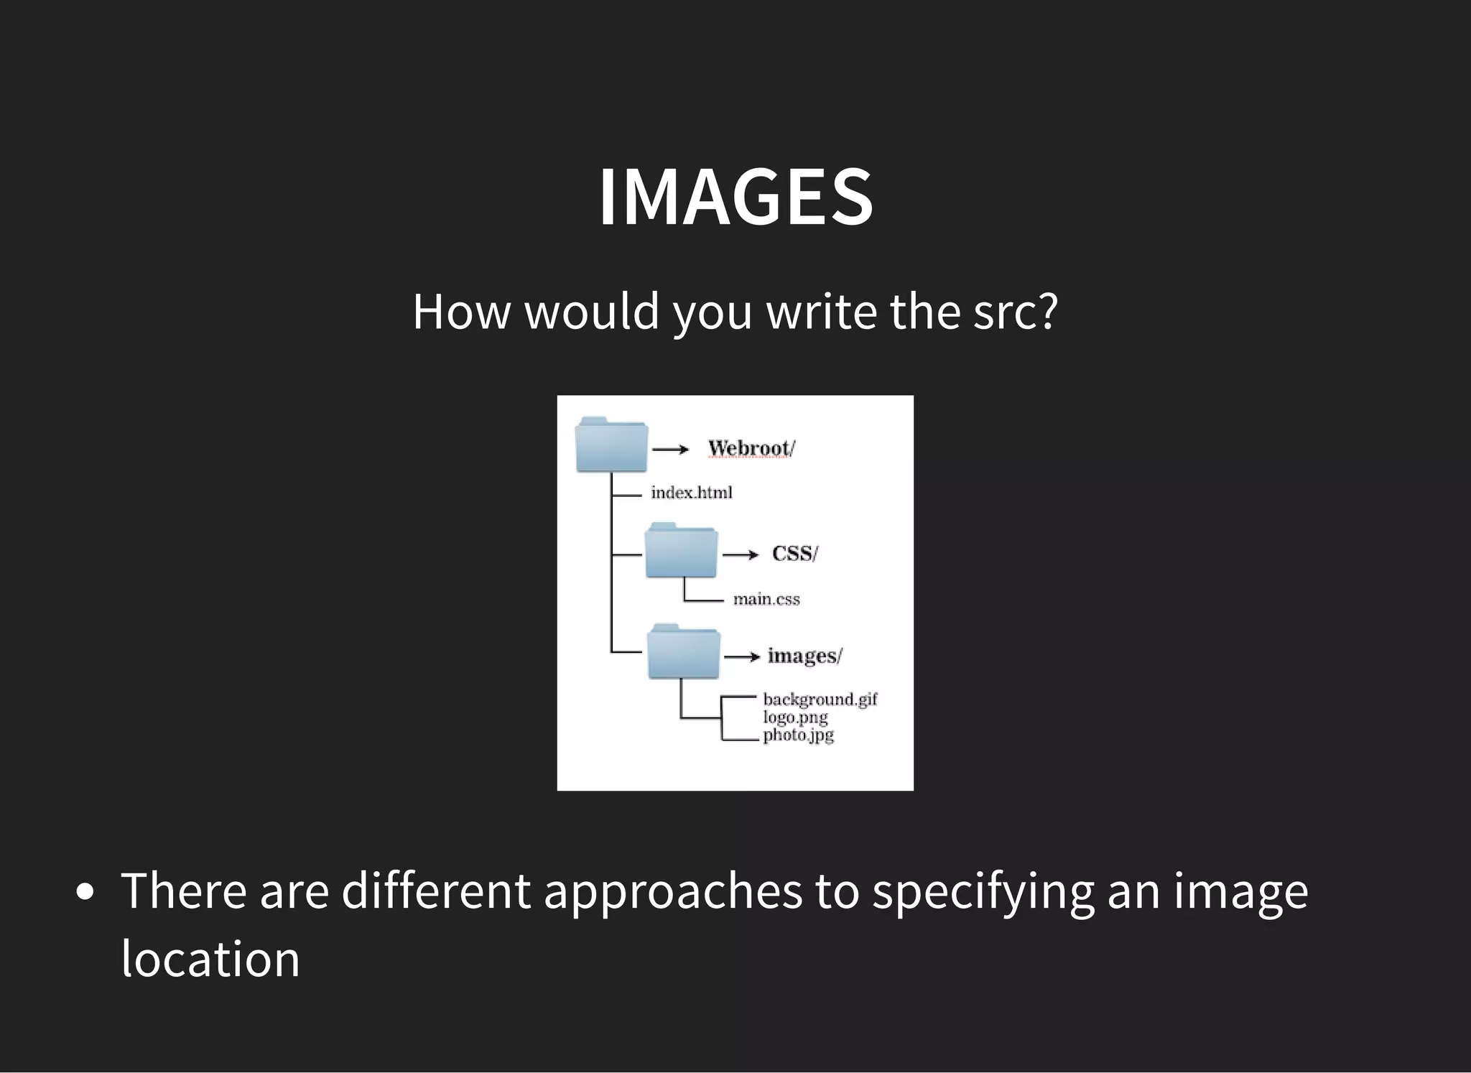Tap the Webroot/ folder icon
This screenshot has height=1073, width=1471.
click(x=611, y=445)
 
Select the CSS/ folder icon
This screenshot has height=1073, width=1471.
click(x=681, y=551)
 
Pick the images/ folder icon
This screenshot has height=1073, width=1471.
click(x=683, y=652)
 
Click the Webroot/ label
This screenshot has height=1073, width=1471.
click(x=751, y=449)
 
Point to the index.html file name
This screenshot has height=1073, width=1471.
click(x=691, y=493)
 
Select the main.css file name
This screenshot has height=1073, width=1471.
click(x=766, y=599)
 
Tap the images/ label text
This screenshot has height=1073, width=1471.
click(x=804, y=656)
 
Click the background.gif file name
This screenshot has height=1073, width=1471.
click(x=820, y=699)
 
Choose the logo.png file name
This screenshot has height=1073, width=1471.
click(x=795, y=717)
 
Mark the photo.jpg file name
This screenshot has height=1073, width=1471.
click(x=798, y=735)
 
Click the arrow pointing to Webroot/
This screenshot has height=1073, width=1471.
click(x=670, y=450)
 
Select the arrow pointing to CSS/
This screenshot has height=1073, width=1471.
click(x=740, y=554)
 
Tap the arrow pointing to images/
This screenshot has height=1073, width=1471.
click(x=742, y=656)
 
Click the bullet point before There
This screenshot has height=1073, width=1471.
click(x=85, y=892)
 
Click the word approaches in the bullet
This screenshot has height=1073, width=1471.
click(x=672, y=892)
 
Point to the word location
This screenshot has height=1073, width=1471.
click(x=210, y=960)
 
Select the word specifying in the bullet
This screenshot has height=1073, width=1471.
click(x=983, y=892)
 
